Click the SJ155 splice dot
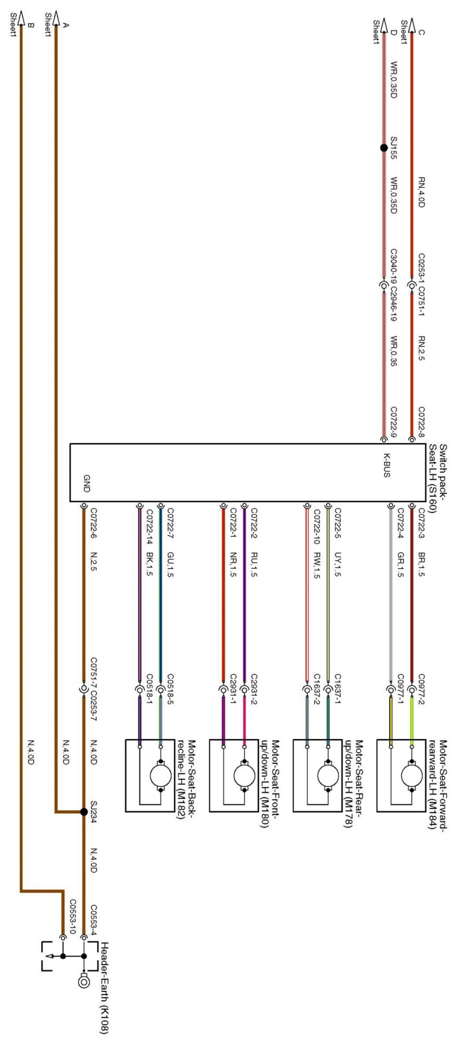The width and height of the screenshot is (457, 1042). pyautogui.click(x=384, y=148)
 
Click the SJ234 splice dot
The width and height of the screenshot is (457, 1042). pyautogui.click(x=84, y=812)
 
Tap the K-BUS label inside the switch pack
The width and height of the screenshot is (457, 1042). pyautogui.click(x=387, y=465)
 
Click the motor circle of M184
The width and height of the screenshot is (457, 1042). pyautogui.click(x=411, y=777)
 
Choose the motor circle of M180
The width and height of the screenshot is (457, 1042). pyautogui.click(x=244, y=777)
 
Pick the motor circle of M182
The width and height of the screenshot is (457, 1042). pyautogui.click(x=160, y=777)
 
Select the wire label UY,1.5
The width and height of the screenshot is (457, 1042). pyautogui.click(x=337, y=565)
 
